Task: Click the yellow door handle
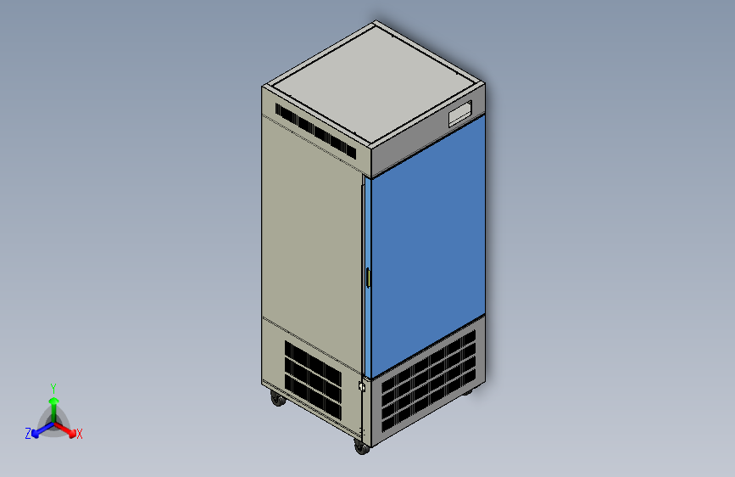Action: (369, 278)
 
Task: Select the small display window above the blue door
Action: (459, 113)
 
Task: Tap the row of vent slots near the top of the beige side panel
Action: (315, 131)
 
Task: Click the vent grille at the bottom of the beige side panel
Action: (313, 380)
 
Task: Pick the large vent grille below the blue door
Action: (428, 380)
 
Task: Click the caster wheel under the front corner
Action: (362, 447)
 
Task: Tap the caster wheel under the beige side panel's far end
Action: (278, 399)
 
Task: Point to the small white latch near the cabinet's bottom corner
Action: (361, 387)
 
